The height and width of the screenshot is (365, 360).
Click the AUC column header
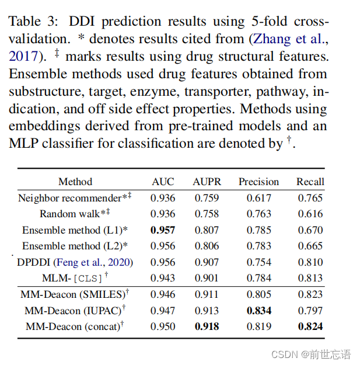(x=163, y=182)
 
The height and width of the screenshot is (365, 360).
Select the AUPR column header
(x=207, y=182)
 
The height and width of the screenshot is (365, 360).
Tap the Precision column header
(x=258, y=182)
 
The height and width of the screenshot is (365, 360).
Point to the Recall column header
(x=310, y=182)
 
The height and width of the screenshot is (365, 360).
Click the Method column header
(x=75, y=182)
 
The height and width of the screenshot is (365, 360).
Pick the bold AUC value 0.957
(x=163, y=230)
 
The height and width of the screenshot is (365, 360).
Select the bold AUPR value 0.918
(x=207, y=326)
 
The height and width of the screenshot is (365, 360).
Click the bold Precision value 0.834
(x=258, y=311)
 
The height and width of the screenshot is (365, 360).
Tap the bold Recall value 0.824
(x=310, y=326)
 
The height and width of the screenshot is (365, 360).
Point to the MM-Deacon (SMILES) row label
(x=75, y=294)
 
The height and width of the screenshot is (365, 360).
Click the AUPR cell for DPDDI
(x=207, y=262)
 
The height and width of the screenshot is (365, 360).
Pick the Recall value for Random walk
(x=310, y=214)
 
